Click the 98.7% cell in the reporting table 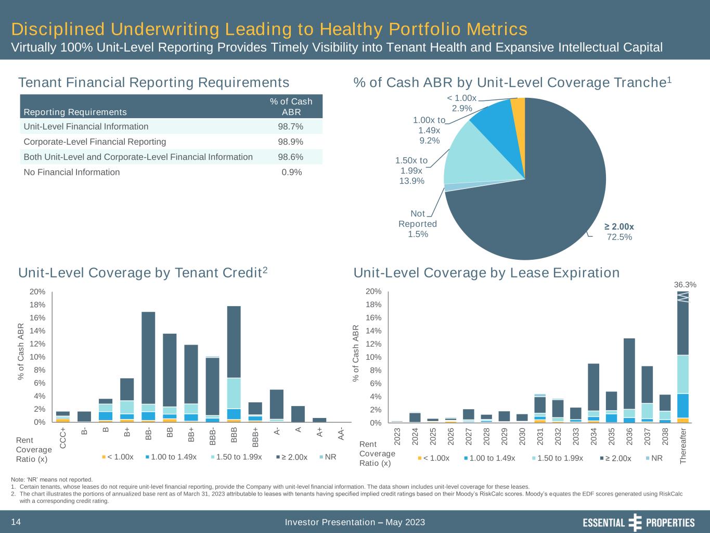click(292, 126)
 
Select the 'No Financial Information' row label click(72, 172)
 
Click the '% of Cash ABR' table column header click(291, 107)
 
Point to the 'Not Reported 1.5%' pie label click(418, 224)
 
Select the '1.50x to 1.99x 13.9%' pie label click(411, 171)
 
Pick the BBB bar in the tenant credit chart click(234, 364)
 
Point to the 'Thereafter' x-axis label click(683, 445)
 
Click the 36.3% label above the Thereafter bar click(685, 285)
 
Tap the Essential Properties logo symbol click(636, 522)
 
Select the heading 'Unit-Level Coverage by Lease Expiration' click(486, 273)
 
